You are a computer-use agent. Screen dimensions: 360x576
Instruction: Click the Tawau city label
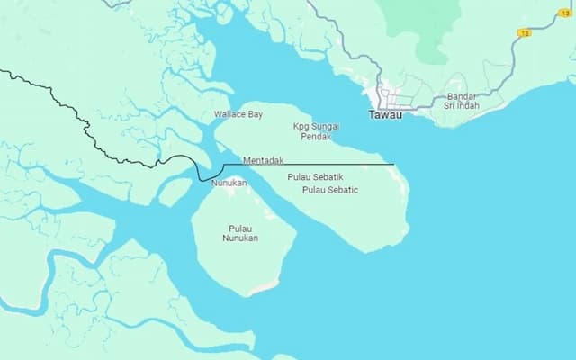pos(385,114)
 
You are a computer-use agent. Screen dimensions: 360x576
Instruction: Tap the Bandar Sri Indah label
pos(461,101)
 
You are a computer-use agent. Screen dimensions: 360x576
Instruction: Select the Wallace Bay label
pos(238,114)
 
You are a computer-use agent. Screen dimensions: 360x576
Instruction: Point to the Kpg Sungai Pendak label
pos(316,131)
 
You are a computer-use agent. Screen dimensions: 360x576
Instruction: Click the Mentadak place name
pos(264,160)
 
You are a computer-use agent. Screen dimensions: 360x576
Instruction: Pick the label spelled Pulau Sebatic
pos(330,190)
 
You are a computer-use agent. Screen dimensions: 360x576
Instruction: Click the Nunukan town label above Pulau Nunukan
pos(229,183)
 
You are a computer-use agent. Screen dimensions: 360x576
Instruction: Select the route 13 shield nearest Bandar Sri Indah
pos(524,32)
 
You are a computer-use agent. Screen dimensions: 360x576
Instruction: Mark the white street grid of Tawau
pos(396,94)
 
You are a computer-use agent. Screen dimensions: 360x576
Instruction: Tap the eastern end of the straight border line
pos(393,164)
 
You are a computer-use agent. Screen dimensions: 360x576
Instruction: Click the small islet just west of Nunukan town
pos(175,191)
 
